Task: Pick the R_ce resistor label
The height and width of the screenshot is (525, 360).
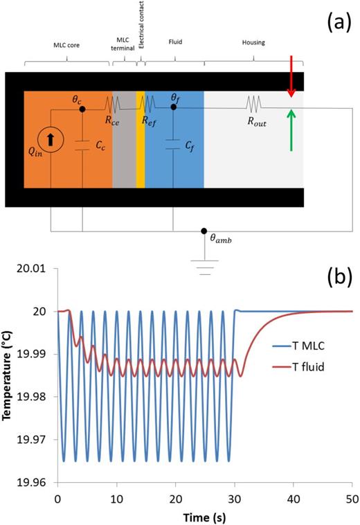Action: point(113,120)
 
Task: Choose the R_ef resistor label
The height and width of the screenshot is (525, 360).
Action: point(147,120)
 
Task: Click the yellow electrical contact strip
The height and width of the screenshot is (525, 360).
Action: point(141,139)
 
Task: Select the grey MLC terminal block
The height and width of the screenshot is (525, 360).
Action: point(124,139)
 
